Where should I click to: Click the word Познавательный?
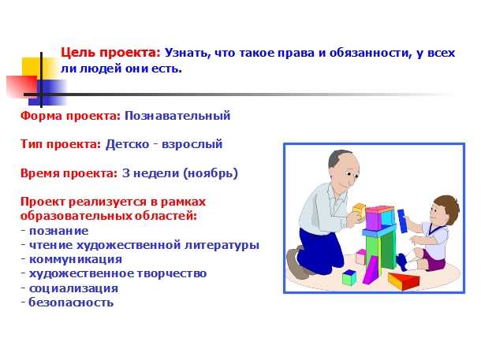177,116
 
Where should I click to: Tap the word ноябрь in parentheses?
211,173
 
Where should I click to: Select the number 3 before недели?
126,173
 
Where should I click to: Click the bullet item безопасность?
71,302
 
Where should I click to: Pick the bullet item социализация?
73,288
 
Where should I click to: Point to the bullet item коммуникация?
76,259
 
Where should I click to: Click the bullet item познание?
58,231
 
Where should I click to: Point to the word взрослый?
192,144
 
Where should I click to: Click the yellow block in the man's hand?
359,211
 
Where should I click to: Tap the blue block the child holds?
402,221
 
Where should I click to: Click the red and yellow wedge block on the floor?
404,280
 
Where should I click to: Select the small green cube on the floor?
349,277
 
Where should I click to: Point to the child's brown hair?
447,207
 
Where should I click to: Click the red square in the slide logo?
21,87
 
